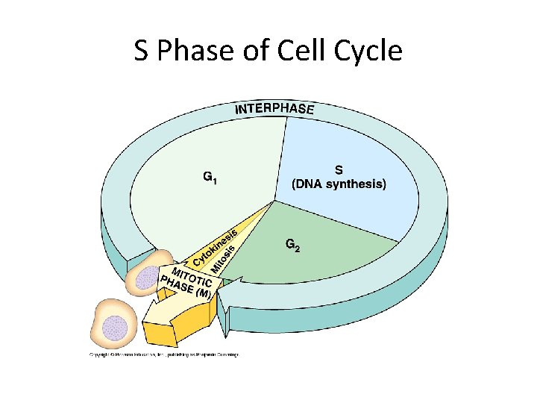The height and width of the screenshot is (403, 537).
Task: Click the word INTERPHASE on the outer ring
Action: (x=275, y=109)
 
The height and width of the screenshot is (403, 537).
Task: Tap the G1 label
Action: (x=212, y=178)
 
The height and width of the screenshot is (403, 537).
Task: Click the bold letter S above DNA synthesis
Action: (x=338, y=169)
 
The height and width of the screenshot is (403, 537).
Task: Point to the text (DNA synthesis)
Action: (x=338, y=184)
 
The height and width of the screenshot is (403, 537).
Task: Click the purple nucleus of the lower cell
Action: (x=114, y=325)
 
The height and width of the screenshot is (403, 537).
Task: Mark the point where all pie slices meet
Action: (x=274, y=200)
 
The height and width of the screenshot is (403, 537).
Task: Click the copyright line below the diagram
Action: (x=164, y=354)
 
